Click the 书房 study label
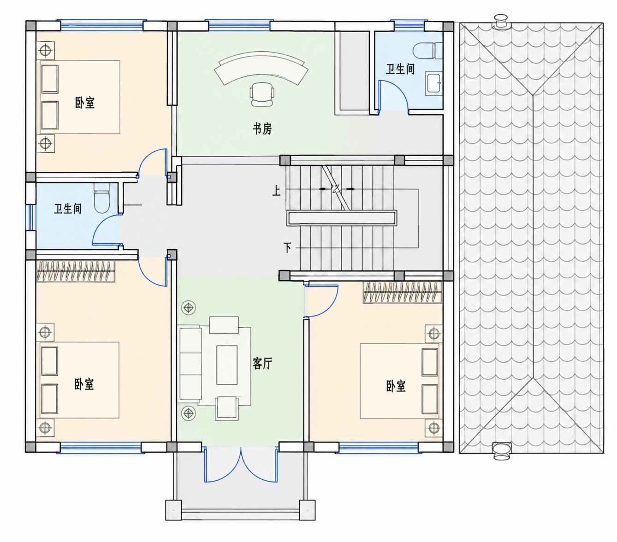click(262, 129)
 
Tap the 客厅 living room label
click(262, 363)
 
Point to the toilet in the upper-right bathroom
click(427, 51)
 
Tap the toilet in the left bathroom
click(101, 198)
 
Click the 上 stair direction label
click(276, 191)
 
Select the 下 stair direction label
click(287, 247)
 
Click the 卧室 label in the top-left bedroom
click(85, 103)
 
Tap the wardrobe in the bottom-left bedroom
click(76, 271)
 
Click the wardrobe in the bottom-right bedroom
click(403, 292)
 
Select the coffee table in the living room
click(227, 365)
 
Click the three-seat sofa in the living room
click(190, 363)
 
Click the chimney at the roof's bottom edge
click(501, 451)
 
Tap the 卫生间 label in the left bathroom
click(68, 209)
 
